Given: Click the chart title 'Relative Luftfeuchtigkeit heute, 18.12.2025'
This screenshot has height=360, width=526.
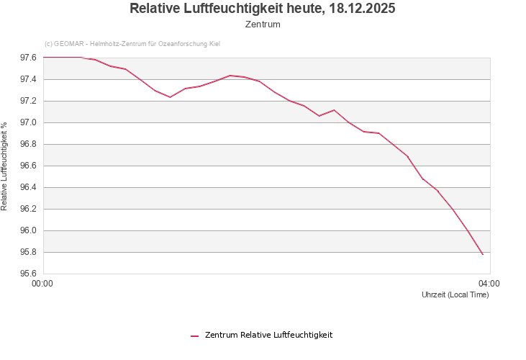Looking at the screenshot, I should coord(263,9).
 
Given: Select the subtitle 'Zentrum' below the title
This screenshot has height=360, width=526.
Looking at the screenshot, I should coord(263,24).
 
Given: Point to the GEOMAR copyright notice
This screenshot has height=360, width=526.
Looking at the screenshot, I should coord(132,44).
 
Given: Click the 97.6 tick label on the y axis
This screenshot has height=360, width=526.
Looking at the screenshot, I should coord(28,58).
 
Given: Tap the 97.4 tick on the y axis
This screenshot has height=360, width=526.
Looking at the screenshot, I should coord(28,79).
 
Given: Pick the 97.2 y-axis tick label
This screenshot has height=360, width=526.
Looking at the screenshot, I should coord(28,101).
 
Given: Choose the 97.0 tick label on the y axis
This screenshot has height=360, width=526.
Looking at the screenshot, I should coord(28,122).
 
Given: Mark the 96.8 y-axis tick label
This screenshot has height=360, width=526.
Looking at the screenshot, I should coord(28,144).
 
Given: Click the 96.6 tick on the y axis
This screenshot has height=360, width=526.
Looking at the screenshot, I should coord(28,166).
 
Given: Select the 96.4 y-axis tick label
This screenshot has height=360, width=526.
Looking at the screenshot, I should coord(28,187).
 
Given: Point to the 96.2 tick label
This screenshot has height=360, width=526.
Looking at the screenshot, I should coord(28,209).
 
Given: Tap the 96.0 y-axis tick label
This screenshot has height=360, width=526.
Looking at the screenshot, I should coord(28,230).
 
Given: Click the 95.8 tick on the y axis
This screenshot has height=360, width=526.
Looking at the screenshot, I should coord(28,252).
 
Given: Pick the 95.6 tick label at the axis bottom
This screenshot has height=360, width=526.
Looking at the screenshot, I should coord(28,274).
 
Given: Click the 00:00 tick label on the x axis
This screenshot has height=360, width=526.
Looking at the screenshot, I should coord(43,284).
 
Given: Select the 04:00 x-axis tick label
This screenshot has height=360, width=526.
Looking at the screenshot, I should coord(489,284).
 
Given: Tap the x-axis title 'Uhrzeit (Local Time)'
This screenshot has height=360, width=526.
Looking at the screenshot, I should coord(455,295).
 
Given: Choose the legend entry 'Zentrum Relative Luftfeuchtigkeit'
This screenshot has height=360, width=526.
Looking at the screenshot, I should coord(268,335).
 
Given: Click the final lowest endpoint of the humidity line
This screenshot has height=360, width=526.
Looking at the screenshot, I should coord(482,254).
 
